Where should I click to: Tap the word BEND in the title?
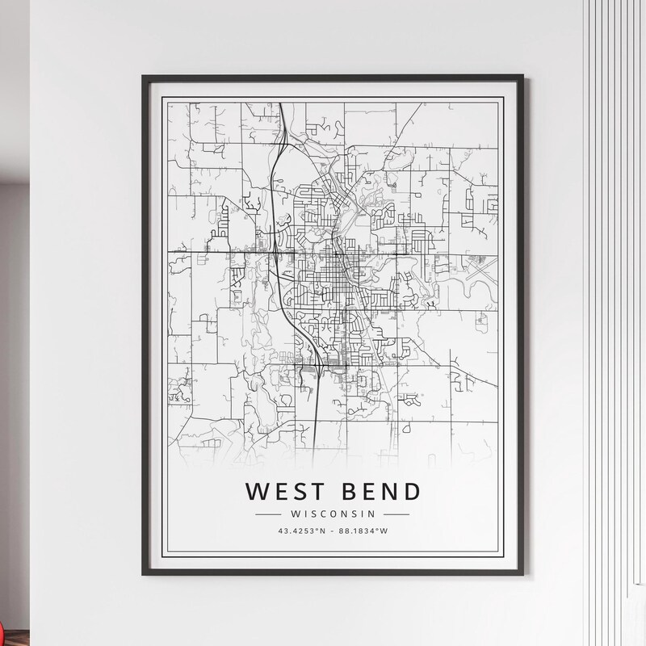point(378,491)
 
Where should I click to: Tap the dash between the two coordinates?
point(333,531)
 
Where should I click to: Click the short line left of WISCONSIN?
point(266,514)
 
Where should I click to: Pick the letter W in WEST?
point(253,491)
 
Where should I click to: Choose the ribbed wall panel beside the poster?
point(614,242)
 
